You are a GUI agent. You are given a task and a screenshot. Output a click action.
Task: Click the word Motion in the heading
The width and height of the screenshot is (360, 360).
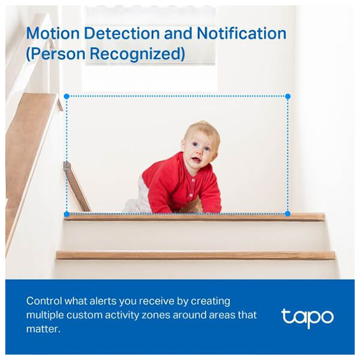(x=53, y=34)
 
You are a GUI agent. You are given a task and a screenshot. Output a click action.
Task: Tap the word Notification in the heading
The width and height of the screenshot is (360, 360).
(x=242, y=34)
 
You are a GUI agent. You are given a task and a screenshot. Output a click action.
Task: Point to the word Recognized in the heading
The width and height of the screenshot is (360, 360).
(x=137, y=54)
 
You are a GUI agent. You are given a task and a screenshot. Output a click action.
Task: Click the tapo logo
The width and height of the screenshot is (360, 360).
(x=307, y=318)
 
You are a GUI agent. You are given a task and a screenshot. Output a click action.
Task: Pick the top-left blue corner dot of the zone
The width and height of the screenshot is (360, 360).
(x=67, y=97)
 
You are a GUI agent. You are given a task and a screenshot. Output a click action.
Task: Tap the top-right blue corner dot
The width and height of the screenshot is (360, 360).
(x=287, y=97)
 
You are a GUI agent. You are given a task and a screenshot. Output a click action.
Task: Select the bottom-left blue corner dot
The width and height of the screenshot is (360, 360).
(x=67, y=214)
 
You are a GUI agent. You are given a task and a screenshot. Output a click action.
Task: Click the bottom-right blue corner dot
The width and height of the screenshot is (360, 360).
(x=287, y=214)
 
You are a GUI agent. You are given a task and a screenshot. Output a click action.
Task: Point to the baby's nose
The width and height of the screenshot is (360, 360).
(x=200, y=152)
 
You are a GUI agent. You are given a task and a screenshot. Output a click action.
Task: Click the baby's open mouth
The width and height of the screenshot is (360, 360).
(x=196, y=159)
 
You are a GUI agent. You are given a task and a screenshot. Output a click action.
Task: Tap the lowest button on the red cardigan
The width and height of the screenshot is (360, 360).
(x=191, y=196)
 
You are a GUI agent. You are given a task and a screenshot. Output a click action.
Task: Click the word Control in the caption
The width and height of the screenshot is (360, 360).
(x=44, y=301)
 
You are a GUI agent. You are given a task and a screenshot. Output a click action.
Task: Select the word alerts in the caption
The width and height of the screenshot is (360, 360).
(x=103, y=301)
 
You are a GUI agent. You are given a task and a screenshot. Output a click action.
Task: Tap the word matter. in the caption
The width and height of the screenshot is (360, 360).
(x=43, y=329)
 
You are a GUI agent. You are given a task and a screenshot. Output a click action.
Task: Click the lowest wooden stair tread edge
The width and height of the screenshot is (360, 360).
(x=196, y=256)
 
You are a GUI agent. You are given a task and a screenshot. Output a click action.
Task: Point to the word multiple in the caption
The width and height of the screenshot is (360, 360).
(x=45, y=316)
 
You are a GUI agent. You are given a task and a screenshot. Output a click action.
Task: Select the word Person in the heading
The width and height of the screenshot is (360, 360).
(x=58, y=54)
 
